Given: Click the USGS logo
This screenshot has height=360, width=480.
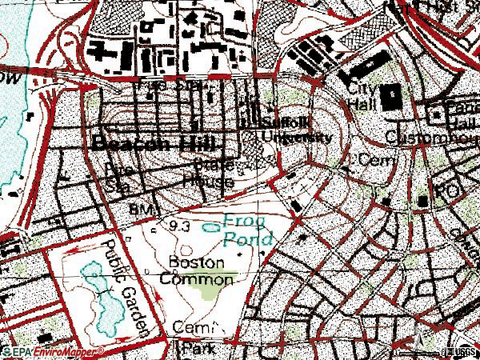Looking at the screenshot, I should tap(457, 351).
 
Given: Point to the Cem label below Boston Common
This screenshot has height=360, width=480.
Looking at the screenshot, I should tap(197, 328).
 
